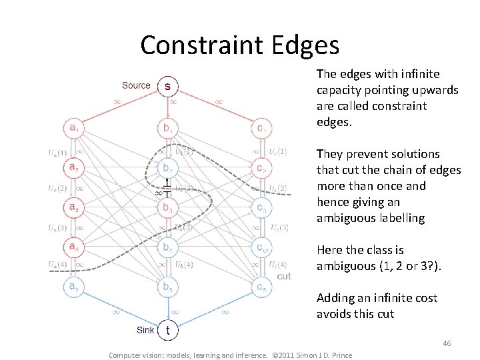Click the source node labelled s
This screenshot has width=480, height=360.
[167, 86]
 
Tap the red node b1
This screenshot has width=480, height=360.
[167, 127]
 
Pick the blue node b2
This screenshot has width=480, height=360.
[167, 167]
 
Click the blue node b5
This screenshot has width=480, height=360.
[167, 287]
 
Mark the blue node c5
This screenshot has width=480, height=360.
[261, 287]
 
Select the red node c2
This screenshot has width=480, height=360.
[261, 167]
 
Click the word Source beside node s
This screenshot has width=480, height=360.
[136, 85]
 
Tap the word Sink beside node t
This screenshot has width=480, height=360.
[145, 329]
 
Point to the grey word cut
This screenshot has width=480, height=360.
[284, 275]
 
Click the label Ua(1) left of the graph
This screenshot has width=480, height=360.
[57, 153]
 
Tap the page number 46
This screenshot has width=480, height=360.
[447, 343]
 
